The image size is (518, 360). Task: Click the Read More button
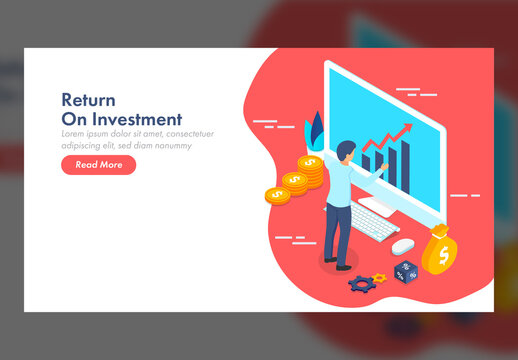[98, 165]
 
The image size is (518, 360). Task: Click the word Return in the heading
[88, 100]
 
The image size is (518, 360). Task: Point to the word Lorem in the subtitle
[76, 134]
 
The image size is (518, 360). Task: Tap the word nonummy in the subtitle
[170, 145]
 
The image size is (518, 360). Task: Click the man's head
[345, 151]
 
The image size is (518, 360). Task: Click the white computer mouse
[402, 245]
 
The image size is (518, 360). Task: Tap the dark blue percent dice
[406, 270]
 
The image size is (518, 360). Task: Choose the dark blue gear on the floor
[361, 284]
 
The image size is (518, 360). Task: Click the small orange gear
[378, 278]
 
